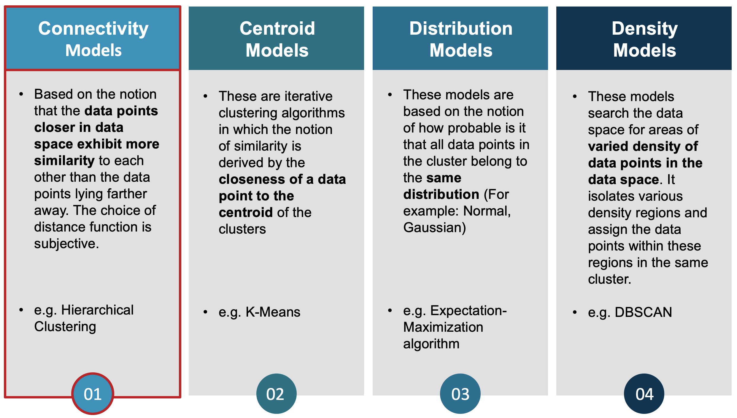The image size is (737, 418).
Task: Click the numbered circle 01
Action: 93,394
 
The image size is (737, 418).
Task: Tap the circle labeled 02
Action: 276,394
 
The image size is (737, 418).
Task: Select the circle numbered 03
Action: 460,394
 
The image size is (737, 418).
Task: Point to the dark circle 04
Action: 644,394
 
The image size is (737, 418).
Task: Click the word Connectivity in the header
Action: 93,29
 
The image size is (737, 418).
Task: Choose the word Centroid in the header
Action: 277,28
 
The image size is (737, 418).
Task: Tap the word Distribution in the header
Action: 461,28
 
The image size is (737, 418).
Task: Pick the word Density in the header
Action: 644,29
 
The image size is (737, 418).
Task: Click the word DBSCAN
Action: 643,312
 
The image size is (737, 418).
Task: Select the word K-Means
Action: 273,312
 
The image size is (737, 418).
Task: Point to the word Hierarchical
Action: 97,310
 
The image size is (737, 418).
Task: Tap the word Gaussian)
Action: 435,228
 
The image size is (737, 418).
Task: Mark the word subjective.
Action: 66,244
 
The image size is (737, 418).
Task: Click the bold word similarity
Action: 64,160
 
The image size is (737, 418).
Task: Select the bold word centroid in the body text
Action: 246,212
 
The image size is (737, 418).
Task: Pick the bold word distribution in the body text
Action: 441,194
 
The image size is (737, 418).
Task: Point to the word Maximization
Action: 443,327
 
